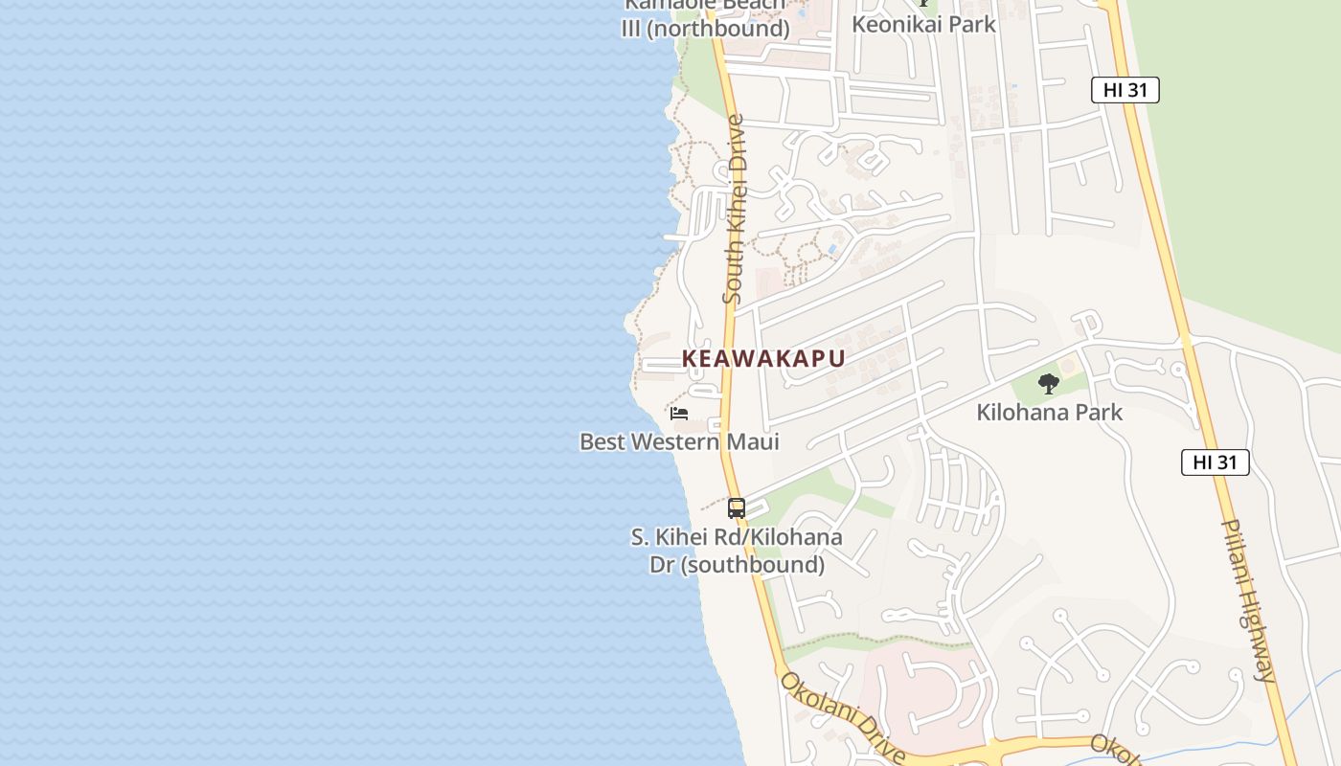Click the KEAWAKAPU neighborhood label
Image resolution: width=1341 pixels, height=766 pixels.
[763, 359]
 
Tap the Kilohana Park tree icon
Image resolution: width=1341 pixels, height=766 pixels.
[1049, 384]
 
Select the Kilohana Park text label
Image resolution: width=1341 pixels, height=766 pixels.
[1049, 413]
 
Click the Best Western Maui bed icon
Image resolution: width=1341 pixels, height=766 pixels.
[679, 414]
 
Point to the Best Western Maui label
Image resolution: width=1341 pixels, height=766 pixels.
[679, 441]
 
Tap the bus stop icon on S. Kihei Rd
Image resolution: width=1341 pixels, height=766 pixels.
[736, 508]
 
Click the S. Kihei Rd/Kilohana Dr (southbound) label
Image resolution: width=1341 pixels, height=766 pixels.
[737, 551]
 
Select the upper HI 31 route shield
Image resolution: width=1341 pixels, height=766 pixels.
[1125, 90]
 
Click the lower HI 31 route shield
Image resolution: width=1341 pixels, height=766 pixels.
[1215, 462]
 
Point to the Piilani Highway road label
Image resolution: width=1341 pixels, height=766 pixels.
[1249, 601]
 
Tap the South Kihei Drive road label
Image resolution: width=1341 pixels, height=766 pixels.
[734, 211]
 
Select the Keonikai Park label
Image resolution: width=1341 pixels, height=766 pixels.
[924, 24]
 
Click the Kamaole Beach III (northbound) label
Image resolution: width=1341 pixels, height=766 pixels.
[705, 17]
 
